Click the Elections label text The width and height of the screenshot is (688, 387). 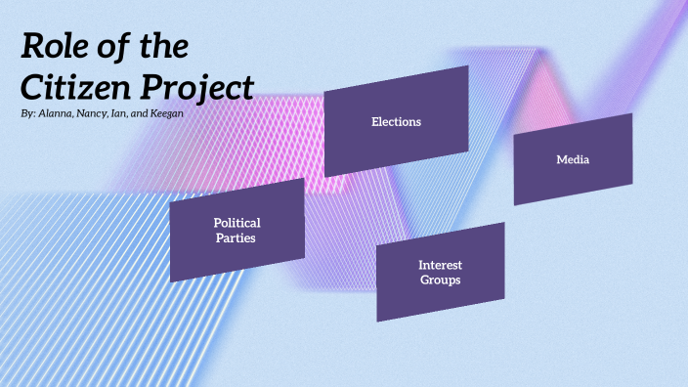coord(396,122)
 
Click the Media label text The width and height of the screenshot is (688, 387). coord(573,159)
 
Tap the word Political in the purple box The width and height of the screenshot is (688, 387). coord(237,223)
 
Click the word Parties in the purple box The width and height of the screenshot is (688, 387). coord(237,237)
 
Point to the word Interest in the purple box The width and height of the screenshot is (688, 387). coord(440,265)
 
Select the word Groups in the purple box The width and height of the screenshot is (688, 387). coord(440,279)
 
